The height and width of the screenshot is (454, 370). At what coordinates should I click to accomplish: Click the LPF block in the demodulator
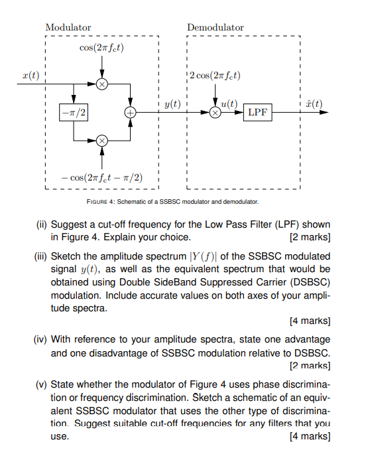pos(257,112)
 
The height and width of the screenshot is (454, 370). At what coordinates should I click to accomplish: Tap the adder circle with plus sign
pos(130,113)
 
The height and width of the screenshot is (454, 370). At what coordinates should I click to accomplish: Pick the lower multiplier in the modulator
pos(101,141)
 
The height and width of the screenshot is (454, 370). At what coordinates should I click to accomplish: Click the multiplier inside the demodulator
pos(215,113)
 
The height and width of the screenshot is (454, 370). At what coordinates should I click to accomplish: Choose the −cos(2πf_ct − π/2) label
pos(101,178)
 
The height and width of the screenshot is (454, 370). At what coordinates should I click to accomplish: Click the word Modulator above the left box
pos(68,27)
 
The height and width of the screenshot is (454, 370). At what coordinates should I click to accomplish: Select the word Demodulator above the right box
pos(216,27)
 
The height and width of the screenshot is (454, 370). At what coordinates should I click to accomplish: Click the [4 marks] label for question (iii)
pos(310,321)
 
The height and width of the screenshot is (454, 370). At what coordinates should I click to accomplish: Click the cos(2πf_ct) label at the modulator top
pos(101,48)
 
